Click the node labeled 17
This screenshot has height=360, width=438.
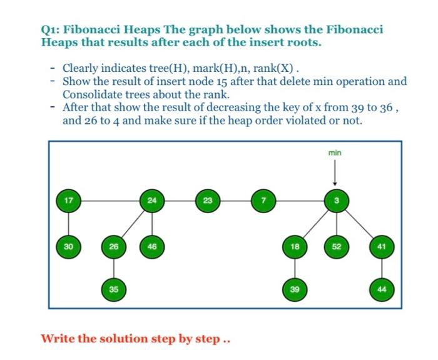[68, 201]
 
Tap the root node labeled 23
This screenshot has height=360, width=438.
[207, 201]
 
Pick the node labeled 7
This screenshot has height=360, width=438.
[263, 201]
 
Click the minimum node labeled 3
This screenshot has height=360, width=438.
[336, 201]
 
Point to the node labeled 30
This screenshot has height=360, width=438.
[68, 246]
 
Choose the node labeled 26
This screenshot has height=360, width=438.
[113, 246]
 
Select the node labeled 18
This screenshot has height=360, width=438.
[293, 246]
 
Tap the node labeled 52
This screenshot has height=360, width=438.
[336, 246]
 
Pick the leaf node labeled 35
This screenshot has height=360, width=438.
[113, 289]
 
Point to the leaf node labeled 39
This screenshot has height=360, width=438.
[293, 289]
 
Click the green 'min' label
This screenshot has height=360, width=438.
[336, 152]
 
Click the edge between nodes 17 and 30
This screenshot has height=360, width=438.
[68, 223]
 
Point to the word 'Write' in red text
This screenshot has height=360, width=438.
[58, 339]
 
